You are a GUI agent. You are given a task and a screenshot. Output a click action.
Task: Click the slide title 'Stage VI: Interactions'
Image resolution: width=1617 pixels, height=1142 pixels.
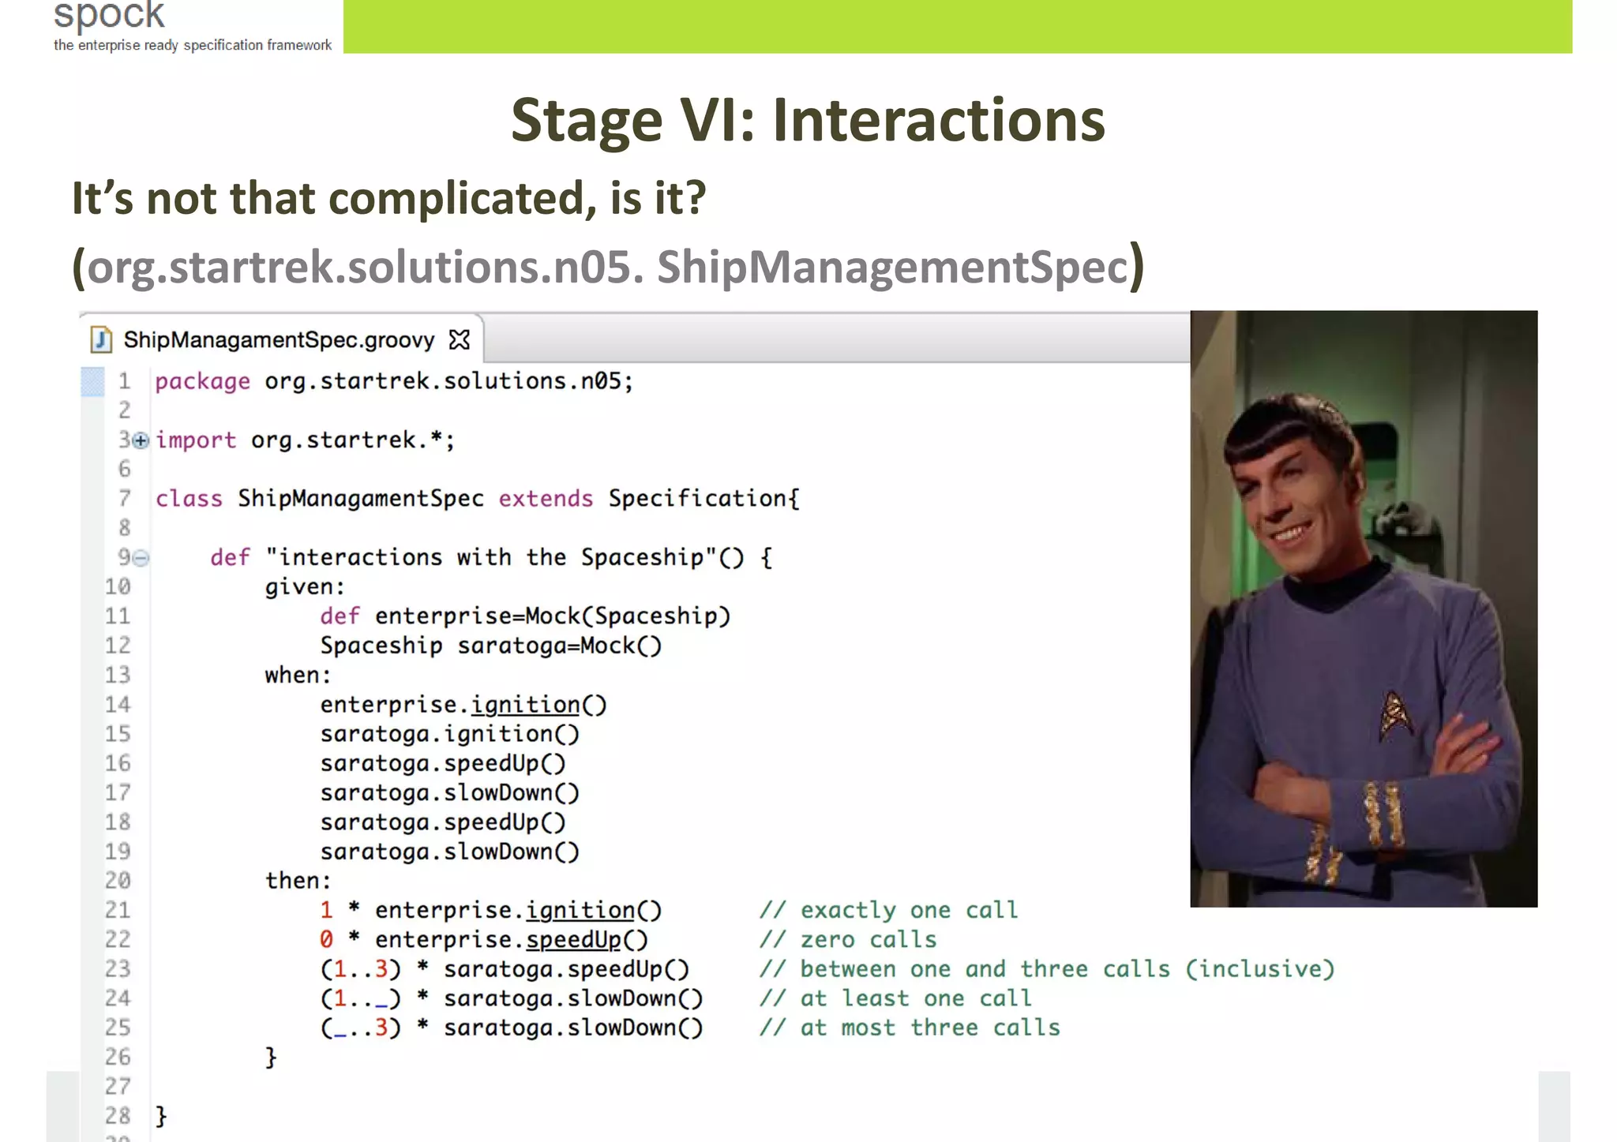(808, 120)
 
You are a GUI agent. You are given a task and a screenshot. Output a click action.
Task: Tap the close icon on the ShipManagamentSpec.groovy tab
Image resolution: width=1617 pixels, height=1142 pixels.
(459, 340)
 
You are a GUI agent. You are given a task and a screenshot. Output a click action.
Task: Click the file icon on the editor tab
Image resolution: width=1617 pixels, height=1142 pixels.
(101, 339)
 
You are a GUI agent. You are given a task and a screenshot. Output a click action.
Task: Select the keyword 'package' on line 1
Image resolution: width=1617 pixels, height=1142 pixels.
(202, 382)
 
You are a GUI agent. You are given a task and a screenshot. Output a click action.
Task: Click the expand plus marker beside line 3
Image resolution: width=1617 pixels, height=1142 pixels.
(141, 440)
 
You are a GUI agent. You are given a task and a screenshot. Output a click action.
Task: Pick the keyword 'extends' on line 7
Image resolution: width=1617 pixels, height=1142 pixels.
(546, 499)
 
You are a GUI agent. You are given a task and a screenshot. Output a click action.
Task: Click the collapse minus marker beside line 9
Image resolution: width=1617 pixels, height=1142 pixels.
(141, 558)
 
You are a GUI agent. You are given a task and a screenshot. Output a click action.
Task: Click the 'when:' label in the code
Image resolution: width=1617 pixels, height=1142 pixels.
(297, 676)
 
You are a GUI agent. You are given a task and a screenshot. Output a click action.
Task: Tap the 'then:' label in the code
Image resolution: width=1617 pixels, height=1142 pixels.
(298, 881)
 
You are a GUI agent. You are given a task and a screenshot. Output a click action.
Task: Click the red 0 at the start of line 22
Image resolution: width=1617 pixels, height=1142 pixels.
(326, 940)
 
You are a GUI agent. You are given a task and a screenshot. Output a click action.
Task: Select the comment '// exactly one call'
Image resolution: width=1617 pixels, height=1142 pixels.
(888, 911)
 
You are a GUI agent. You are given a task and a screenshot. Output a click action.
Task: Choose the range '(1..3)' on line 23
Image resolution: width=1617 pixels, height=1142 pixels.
(361, 969)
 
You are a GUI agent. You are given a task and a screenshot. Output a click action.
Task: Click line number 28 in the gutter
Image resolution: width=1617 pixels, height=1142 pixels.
(118, 1116)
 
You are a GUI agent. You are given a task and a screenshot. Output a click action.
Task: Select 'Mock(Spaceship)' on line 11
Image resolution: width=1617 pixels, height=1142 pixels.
(628, 616)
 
